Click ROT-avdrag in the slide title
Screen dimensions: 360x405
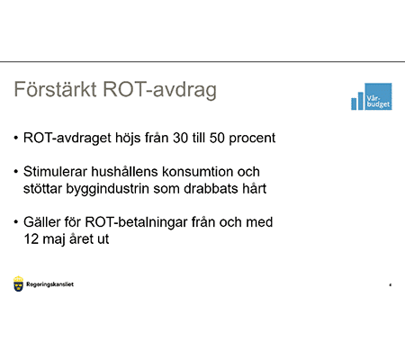[160, 92]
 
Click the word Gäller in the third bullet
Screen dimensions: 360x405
[45, 220]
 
